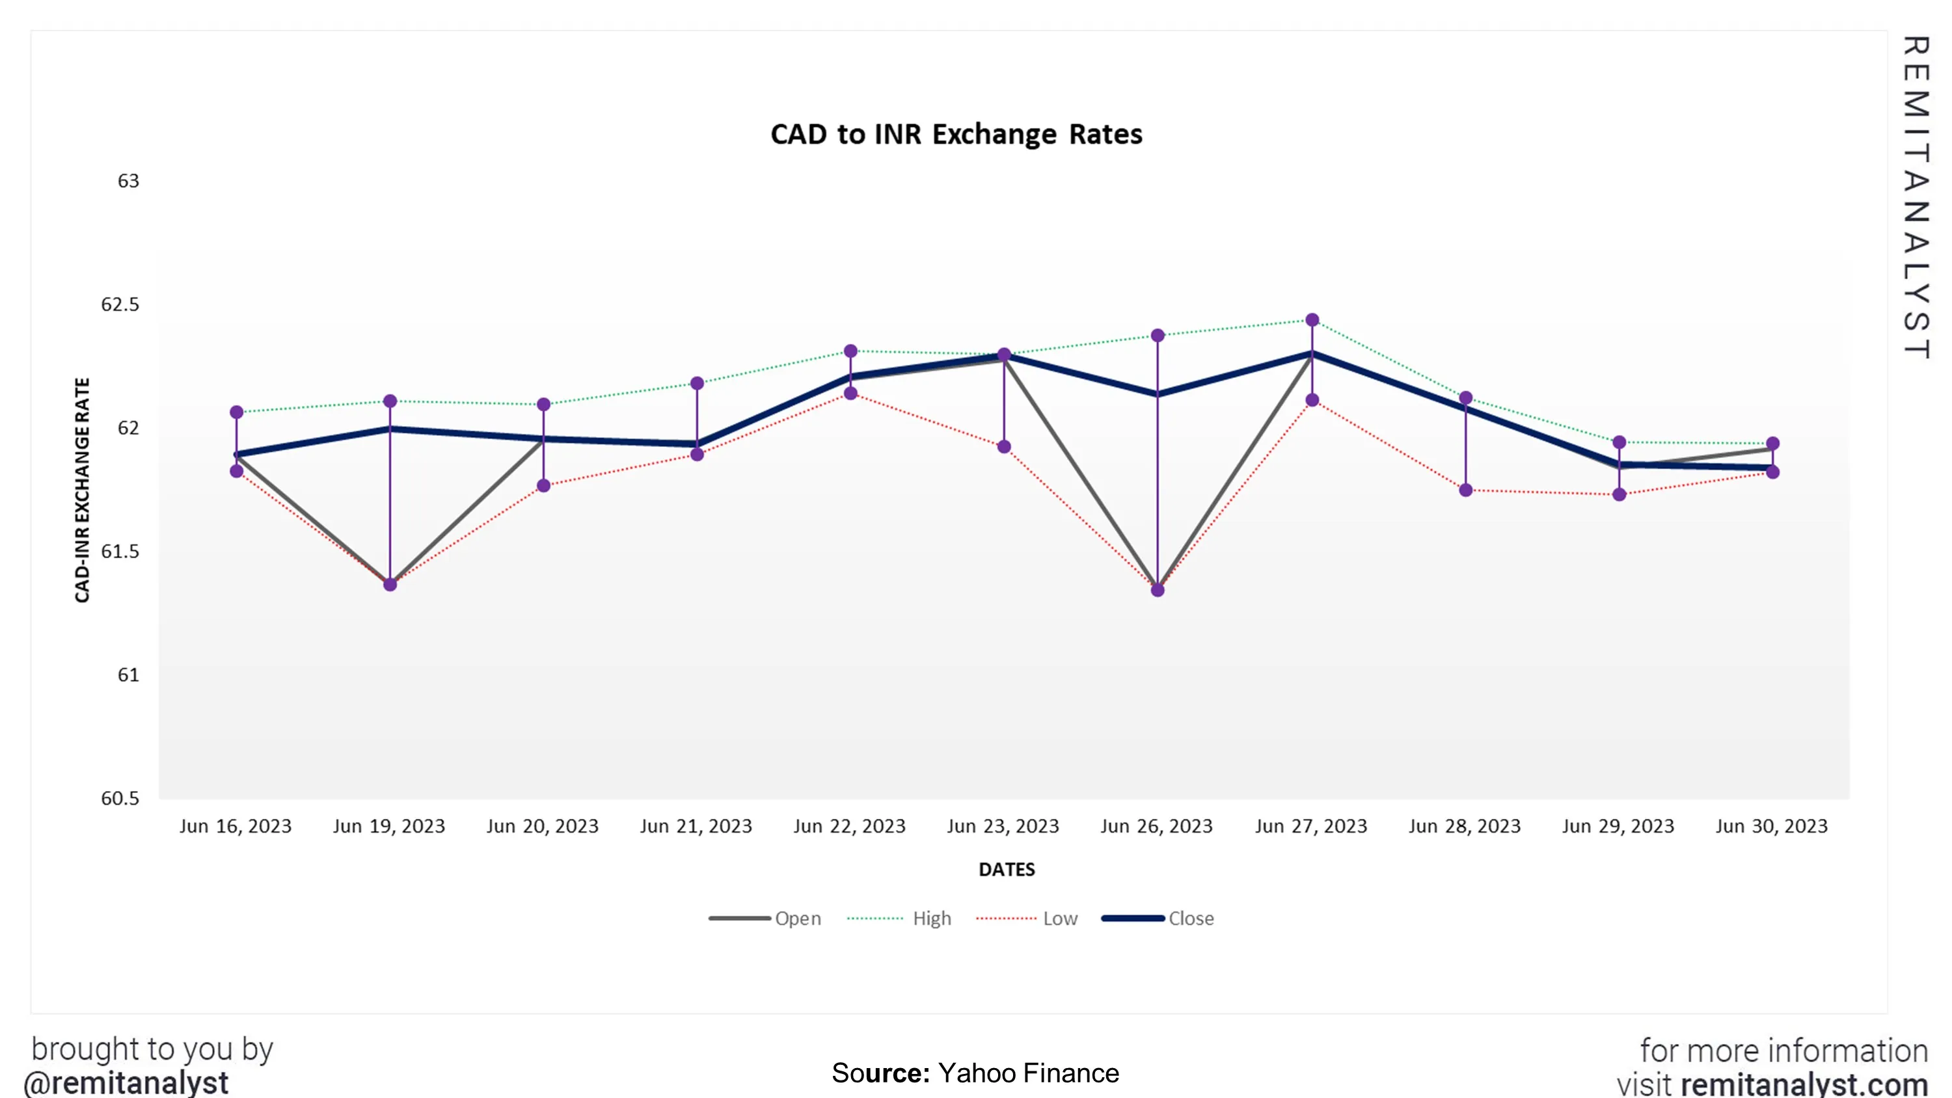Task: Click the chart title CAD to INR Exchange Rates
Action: pos(956,134)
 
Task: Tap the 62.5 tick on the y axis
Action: pos(120,304)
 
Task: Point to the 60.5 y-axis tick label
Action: pos(120,798)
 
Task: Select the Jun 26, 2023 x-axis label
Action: pos(1156,826)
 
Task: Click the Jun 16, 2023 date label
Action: pos(235,826)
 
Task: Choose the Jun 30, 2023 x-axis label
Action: pos(1772,826)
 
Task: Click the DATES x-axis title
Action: pos(1007,869)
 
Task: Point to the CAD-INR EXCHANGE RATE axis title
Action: pos(82,490)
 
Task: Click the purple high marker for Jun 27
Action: pos(1312,320)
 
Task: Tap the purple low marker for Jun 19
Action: pos(390,584)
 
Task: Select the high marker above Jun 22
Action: pos(850,351)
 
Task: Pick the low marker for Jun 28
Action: pos(1465,490)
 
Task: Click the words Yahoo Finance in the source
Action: pos(1027,1073)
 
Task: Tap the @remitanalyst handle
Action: pos(126,1082)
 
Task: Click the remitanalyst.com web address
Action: pos(1804,1084)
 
